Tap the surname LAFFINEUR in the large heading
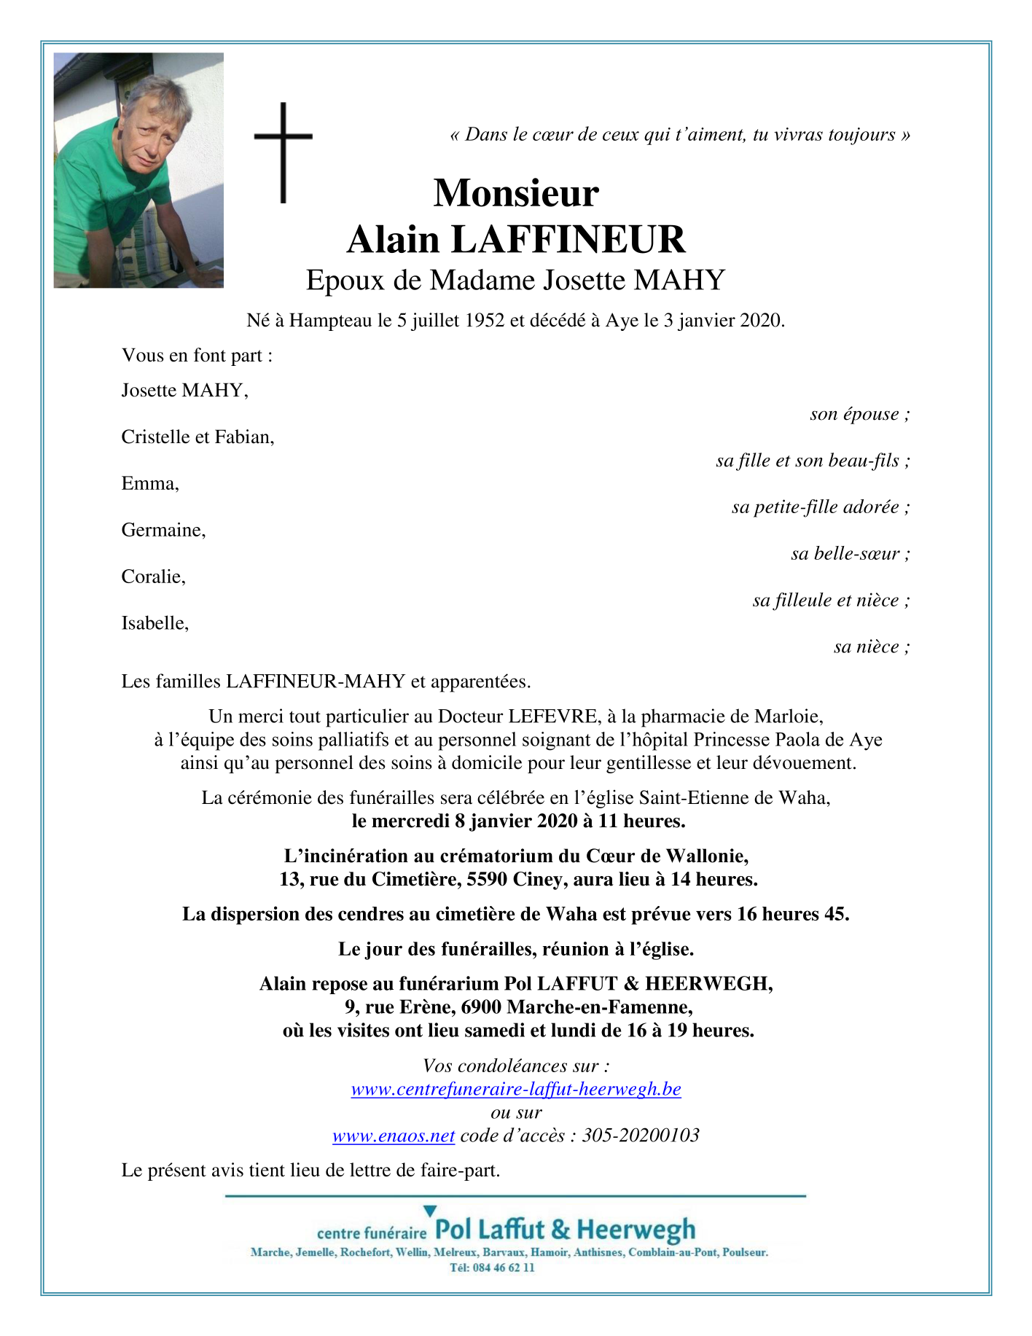[x=568, y=240]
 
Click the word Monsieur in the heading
[x=516, y=193]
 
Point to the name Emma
[x=150, y=484]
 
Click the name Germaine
[x=163, y=531]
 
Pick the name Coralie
[x=153, y=577]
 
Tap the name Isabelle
[x=155, y=623]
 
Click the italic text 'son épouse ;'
[x=859, y=415]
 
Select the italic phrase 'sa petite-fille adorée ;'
[x=821, y=507]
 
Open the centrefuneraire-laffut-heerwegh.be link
[x=515, y=1090]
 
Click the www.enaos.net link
[x=394, y=1136]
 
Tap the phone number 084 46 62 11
[x=503, y=1268]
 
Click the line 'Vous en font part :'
[x=197, y=356]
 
